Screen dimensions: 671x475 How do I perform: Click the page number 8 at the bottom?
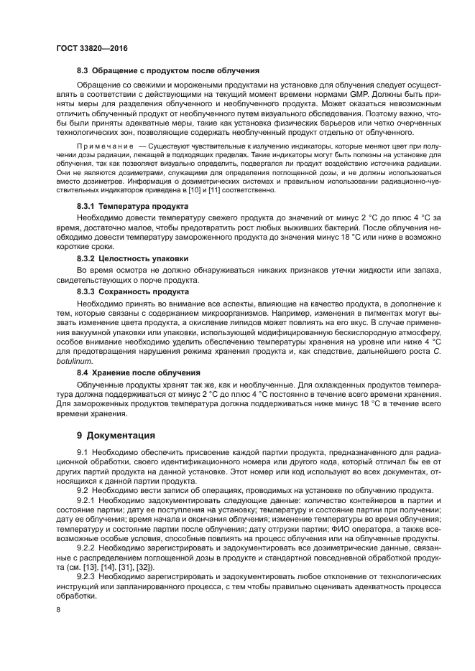(x=58, y=609)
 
